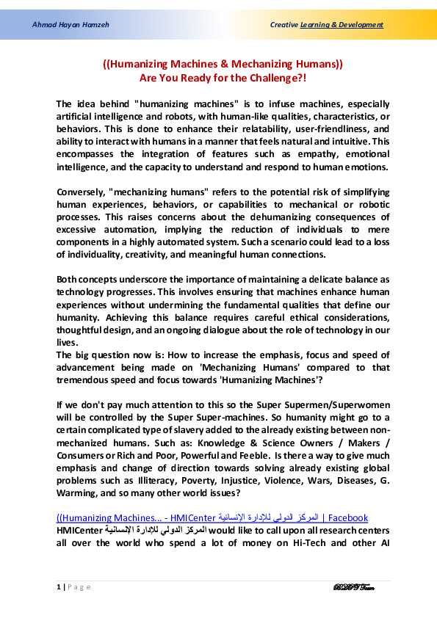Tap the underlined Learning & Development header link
tap(342, 25)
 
